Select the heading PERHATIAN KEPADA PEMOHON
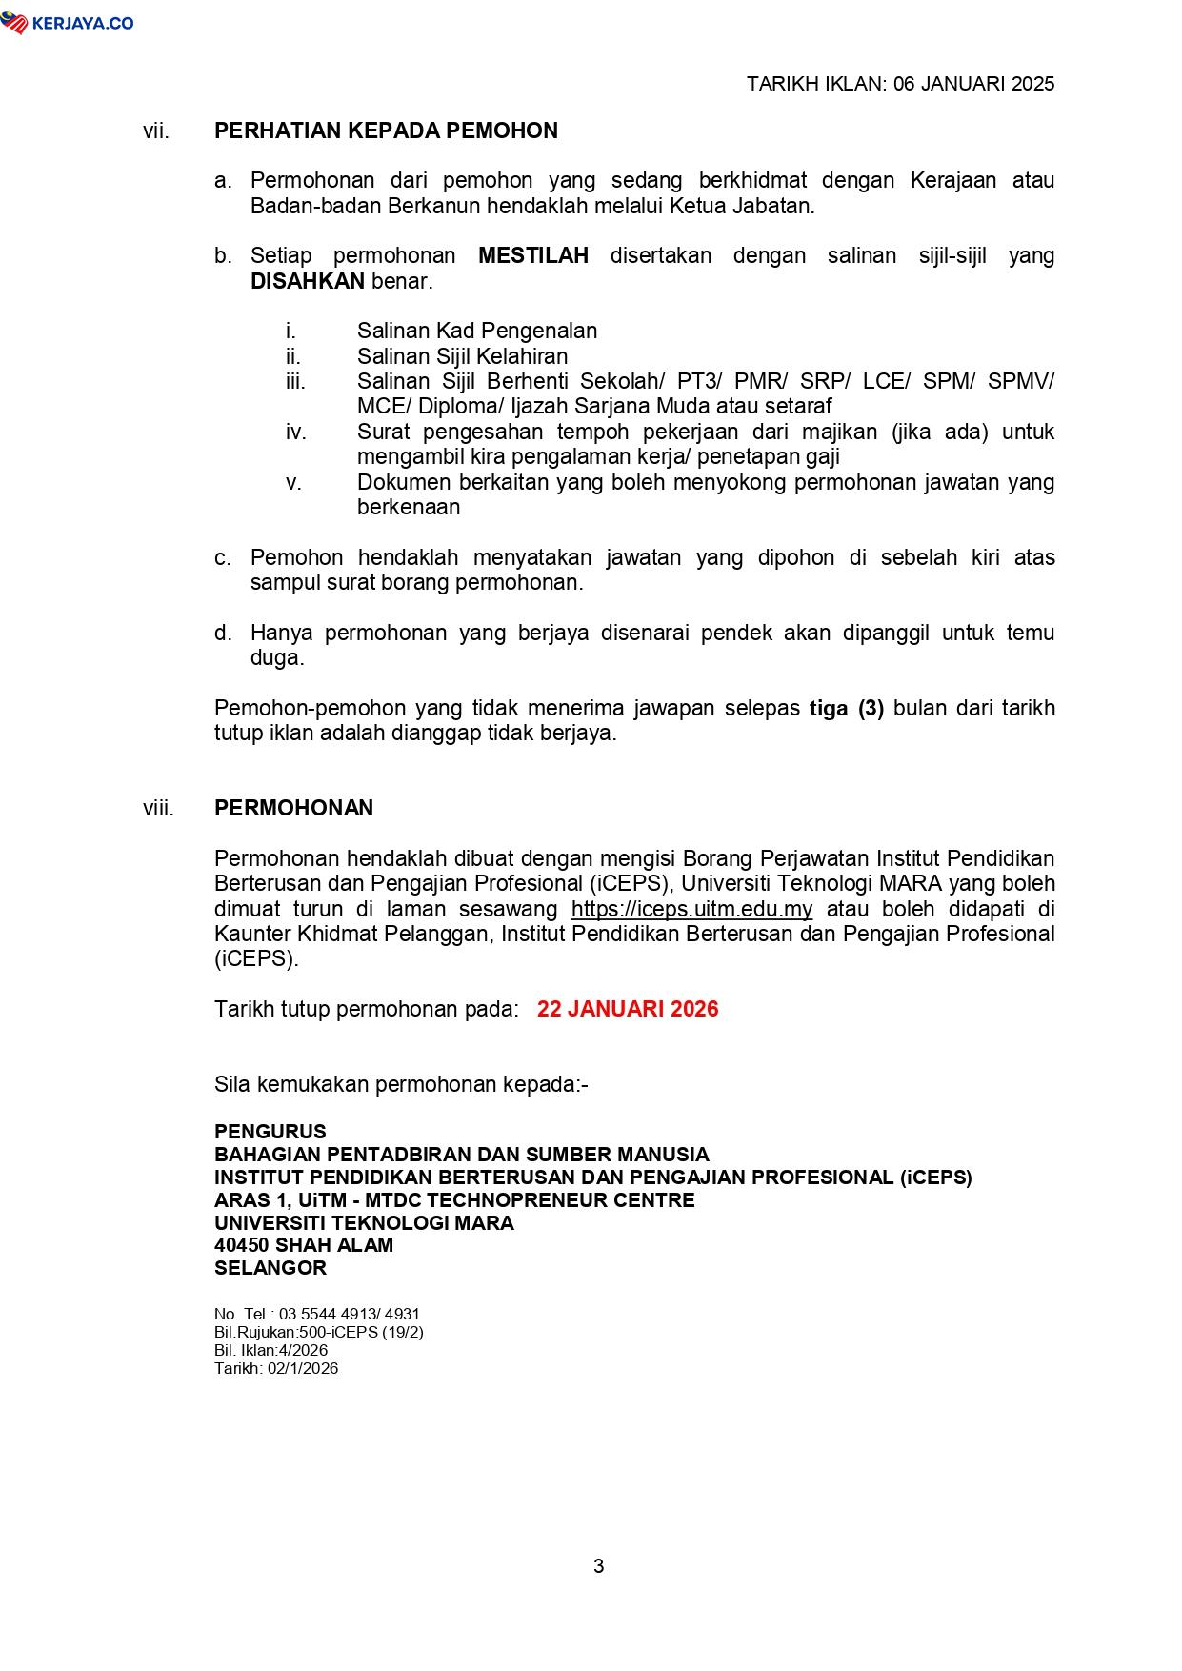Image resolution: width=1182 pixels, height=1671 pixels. pyautogui.click(x=386, y=131)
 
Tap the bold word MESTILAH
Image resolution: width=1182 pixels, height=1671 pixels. pyautogui.click(x=532, y=256)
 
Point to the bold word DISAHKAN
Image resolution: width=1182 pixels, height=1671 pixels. pyautogui.click(x=307, y=282)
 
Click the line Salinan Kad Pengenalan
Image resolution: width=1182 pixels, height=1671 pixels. pyautogui.click(x=476, y=332)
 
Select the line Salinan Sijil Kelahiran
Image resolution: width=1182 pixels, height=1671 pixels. pyautogui.click(x=462, y=357)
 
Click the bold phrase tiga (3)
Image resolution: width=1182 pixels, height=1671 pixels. pyautogui.click(x=846, y=709)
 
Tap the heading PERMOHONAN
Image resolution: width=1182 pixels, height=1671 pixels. pyautogui.click(x=293, y=809)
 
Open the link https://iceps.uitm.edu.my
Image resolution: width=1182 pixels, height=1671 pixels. pyautogui.click(x=691, y=910)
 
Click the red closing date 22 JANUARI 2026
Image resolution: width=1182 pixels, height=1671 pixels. pyautogui.click(x=628, y=1010)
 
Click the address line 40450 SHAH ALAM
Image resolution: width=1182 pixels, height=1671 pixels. pyautogui.click(x=304, y=1245)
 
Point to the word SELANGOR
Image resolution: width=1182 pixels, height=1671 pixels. pyautogui.click(x=270, y=1268)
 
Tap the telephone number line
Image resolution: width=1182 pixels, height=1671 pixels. pyautogui.click(x=317, y=1314)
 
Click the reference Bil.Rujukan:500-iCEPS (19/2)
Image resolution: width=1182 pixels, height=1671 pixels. pyautogui.click(x=319, y=1332)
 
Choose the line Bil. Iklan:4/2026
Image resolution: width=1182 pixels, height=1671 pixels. pyautogui.click(x=270, y=1350)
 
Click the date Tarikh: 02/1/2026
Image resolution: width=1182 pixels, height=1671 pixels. pyautogui.click(x=276, y=1369)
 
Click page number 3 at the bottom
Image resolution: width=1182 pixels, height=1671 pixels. pyautogui.click(x=598, y=1566)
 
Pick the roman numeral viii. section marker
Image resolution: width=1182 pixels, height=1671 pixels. pyautogui.click(x=158, y=809)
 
